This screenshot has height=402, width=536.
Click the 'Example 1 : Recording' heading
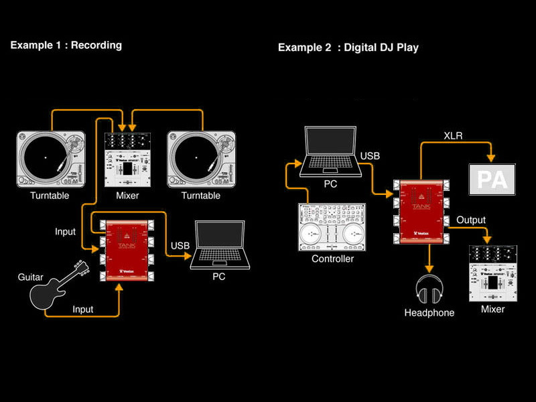(x=66, y=46)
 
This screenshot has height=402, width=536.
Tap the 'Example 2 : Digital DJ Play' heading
(x=348, y=48)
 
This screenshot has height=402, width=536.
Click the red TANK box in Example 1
(x=126, y=249)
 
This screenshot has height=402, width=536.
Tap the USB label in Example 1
(x=180, y=245)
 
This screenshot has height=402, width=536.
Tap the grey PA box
(x=492, y=178)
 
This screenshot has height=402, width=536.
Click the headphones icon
(x=429, y=289)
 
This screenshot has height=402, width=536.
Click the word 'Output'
(x=471, y=220)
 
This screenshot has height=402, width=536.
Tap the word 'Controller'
(x=332, y=259)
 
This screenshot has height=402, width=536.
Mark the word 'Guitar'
(x=31, y=276)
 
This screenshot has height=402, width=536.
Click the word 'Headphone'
(x=429, y=313)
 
